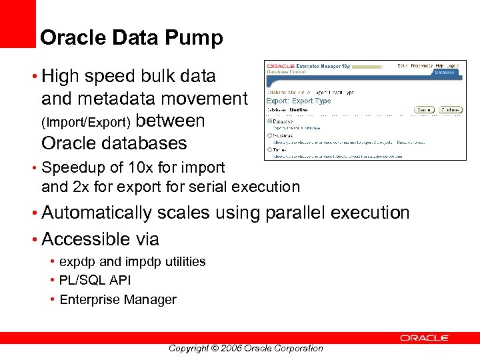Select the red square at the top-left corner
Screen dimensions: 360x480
click(17, 23)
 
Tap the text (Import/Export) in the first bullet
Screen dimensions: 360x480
click(86, 123)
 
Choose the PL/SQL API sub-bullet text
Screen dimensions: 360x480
click(95, 280)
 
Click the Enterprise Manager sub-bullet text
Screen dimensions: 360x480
click(118, 299)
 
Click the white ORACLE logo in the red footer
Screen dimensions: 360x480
click(425, 338)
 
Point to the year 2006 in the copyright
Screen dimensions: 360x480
click(228, 348)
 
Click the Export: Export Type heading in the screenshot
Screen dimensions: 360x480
click(298, 101)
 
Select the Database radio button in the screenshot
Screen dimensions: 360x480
click(269, 121)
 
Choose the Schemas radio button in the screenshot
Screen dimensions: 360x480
click(269, 135)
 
